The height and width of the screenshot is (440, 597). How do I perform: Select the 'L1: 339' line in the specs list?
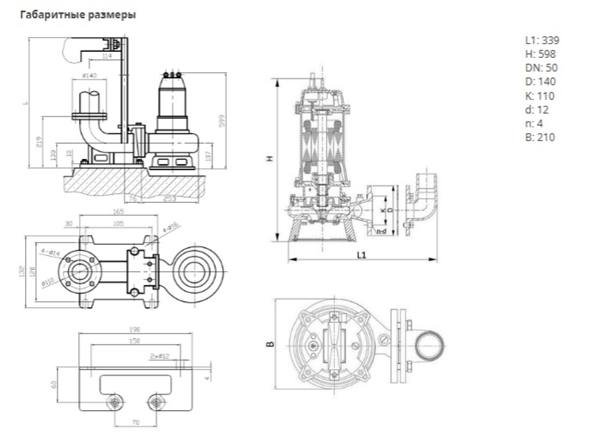coord(542,41)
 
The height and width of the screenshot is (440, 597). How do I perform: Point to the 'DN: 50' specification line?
coord(541,68)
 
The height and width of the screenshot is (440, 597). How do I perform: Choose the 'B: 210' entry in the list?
coord(540,137)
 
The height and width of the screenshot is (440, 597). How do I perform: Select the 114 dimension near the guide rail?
coord(107,56)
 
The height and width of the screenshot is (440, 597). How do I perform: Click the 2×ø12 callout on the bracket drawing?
coord(159,356)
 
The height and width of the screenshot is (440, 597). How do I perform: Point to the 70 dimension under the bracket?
coord(136,422)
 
